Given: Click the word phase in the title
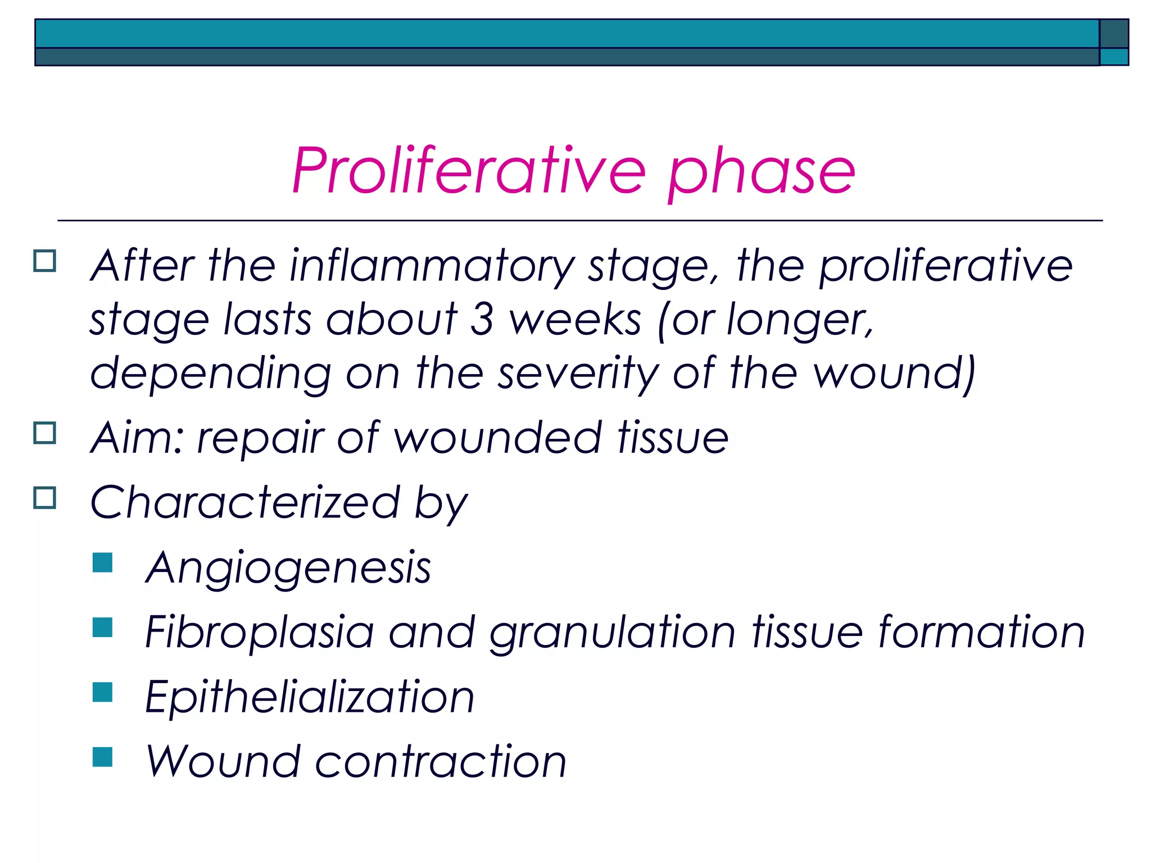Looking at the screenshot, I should coord(762,171).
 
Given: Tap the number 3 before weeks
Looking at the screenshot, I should coord(482,319).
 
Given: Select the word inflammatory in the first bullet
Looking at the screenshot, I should coord(432,265).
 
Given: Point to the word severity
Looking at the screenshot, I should coord(578,373).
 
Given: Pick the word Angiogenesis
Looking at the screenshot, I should coord(288,567).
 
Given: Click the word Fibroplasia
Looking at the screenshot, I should coord(259,632).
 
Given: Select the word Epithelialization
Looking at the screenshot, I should coord(310,697).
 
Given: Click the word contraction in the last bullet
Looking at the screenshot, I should coord(440,761).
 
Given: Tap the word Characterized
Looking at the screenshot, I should coord(245,502).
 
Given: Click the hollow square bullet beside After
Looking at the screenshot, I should coord(45,261).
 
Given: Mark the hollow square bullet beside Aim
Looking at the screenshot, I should coord(45,433).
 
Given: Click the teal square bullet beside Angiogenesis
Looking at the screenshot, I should coord(103,562).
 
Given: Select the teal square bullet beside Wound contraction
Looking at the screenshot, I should coord(103,756).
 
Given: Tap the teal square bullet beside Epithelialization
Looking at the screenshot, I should coord(103,692).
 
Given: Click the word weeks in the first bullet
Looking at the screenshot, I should coord(575,319).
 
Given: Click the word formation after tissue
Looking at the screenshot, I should coord(981,632).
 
